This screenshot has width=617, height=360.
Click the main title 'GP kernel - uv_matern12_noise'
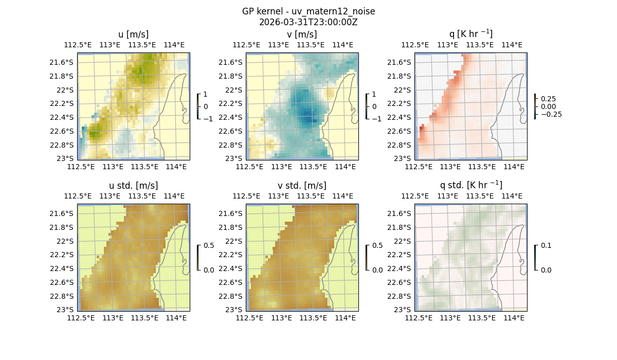point(308,11)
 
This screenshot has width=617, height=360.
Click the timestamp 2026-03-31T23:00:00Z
point(308,22)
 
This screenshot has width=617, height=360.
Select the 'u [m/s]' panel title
point(133,34)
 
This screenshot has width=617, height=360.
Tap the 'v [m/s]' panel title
point(302,34)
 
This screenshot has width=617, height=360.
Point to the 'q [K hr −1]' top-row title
point(470,34)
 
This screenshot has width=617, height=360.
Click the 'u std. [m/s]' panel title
point(133,186)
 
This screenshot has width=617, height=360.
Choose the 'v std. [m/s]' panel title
point(302,186)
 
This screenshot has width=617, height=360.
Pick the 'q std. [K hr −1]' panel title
point(470,185)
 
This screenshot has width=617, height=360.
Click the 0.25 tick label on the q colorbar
point(548,99)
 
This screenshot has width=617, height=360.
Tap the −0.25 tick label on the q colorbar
point(551,114)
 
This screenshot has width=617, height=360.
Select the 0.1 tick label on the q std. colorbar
point(546,245)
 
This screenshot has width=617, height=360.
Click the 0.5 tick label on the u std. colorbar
point(209,245)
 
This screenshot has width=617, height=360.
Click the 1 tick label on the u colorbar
point(206,94)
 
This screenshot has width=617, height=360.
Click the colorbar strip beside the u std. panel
point(198,257)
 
